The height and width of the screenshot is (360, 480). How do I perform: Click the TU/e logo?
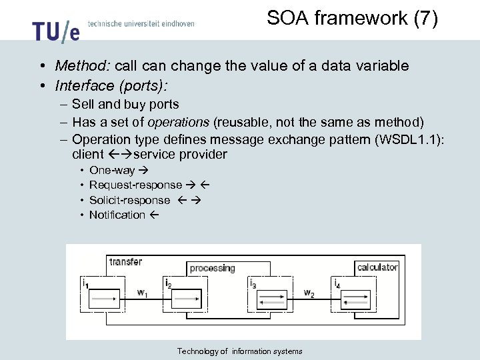tap(55, 30)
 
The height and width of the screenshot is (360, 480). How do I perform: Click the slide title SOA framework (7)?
tap(352, 19)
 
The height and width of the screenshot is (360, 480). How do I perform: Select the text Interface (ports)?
tap(111, 86)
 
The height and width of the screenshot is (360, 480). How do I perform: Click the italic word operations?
tap(178, 121)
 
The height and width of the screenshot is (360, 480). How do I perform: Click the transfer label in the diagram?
tap(125, 262)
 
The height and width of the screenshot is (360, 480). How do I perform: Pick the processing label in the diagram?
tap(212, 268)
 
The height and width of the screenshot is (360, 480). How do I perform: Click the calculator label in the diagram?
tap(377, 267)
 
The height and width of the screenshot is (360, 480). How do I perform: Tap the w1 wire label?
tap(142, 292)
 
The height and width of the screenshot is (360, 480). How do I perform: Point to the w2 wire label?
tap(309, 293)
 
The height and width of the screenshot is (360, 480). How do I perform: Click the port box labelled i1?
tap(103, 298)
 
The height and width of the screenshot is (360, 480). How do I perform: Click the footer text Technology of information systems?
tap(239, 351)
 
